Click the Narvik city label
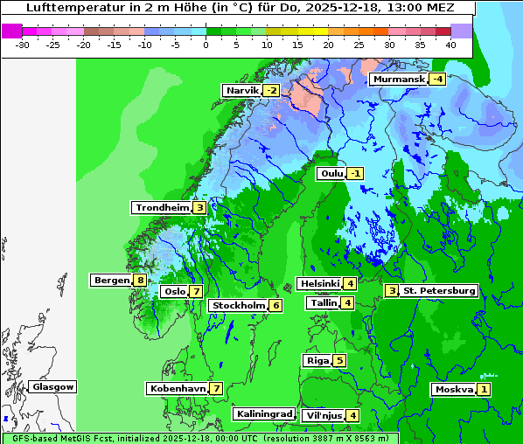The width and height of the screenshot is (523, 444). click(242, 91)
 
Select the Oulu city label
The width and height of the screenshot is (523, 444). click(331, 174)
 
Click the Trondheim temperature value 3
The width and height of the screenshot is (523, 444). click(200, 208)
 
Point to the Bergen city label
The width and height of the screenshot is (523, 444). click(111, 281)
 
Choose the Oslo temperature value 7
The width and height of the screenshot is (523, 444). click(197, 292)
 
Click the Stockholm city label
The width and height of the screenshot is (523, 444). click(237, 305)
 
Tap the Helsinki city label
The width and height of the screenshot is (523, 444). click(319, 283)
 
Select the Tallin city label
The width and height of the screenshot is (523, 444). click(324, 303)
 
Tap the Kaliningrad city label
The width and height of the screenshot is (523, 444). click(263, 414)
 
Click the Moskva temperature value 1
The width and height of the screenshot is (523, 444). click(484, 390)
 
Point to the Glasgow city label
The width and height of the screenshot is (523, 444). click(53, 386)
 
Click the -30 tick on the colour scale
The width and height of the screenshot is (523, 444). click(23, 44)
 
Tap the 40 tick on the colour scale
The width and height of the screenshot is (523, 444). click(450, 44)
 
